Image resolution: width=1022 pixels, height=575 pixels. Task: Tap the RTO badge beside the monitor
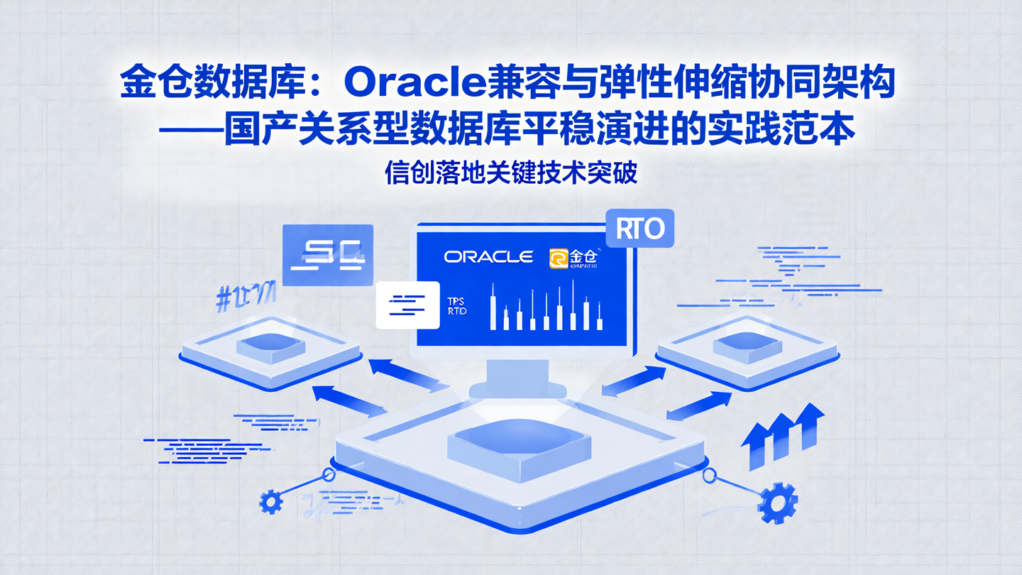640,229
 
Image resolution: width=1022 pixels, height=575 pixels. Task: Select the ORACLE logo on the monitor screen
488,256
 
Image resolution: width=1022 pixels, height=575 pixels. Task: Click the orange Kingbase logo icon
559,258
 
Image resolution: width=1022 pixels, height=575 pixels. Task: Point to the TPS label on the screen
456,302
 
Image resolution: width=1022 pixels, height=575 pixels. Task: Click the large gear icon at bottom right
777,503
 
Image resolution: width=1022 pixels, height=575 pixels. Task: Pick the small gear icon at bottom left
270,502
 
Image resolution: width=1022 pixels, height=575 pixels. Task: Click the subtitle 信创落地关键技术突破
510,172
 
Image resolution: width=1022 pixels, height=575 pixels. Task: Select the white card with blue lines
407,305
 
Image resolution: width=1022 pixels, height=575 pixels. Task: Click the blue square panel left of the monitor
328,254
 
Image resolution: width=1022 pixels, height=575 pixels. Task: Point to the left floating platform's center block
270,346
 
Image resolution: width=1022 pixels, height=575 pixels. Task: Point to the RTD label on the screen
457,312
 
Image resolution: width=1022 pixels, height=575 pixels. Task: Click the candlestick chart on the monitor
546,307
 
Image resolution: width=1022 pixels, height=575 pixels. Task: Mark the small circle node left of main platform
329,474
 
